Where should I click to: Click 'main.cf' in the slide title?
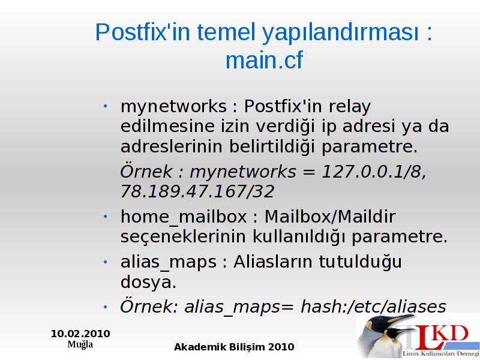coord(264,60)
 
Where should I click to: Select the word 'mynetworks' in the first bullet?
coord(173,107)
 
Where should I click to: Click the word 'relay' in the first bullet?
coord(350,107)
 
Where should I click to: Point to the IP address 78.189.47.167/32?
coord(197,191)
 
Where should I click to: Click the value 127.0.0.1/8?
coord(374,172)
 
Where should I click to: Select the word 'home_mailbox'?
coord(184,217)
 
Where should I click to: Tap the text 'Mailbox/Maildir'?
coord(330,217)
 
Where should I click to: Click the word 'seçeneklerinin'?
coord(183,237)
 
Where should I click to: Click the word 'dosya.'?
coord(148,282)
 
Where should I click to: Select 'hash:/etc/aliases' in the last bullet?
coord(373,307)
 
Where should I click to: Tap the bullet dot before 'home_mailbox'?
coord(106,217)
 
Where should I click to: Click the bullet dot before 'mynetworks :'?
coord(106,106)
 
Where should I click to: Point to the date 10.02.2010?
coord(80,334)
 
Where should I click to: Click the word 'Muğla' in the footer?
coord(80,344)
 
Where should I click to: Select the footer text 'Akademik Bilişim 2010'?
coord(234,347)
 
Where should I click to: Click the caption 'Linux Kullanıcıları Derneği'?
coord(441,354)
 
